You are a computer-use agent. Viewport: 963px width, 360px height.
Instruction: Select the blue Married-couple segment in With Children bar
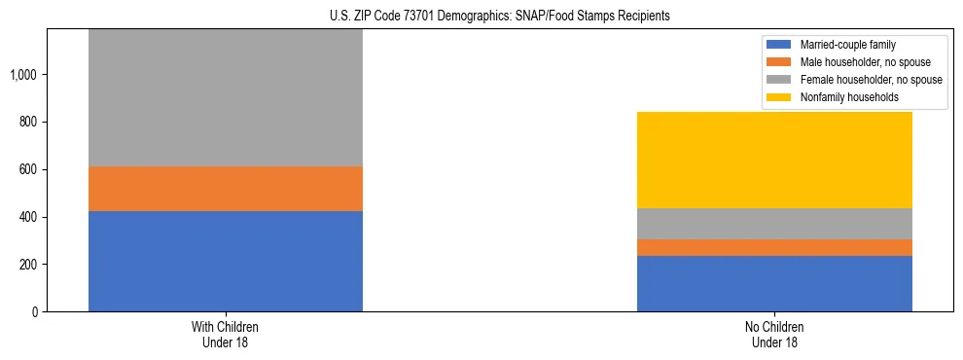[x=226, y=261]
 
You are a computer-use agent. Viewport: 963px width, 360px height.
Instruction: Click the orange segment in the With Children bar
[x=226, y=189]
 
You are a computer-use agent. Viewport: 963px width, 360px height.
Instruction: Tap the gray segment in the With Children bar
[x=226, y=97]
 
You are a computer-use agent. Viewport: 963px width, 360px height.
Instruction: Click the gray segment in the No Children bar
[x=774, y=224]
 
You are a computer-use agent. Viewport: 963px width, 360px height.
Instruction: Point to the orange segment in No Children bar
[x=774, y=247]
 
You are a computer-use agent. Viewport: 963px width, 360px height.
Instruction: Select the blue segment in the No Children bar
[x=774, y=283]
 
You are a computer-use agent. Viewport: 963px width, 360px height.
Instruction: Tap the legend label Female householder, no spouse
[x=870, y=80]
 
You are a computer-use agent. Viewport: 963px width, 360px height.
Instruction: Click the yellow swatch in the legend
[x=780, y=97]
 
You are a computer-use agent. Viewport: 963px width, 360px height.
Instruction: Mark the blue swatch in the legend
[x=780, y=45]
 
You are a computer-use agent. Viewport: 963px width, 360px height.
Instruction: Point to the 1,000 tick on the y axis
[x=25, y=75]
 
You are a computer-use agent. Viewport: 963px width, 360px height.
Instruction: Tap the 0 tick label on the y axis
[x=36, y=312]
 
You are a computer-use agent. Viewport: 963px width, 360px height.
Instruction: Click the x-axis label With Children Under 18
[x=226, y=335]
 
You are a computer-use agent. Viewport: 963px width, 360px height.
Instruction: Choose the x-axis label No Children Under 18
[x=774, y=335]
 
